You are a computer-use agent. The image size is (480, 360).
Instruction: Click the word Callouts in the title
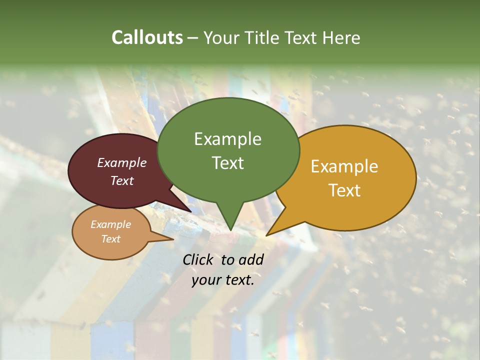pyautogui.click(x=147, y=37)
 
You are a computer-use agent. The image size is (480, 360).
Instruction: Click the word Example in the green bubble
pyautogui.click(x=227, y=138)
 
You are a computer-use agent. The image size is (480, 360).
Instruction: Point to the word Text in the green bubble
pyautogui.click(x=227, y=162)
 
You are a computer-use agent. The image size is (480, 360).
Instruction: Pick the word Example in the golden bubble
pyautogui.click(x=344, y=166)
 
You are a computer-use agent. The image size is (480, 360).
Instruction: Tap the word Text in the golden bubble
pyautogui.click(x=344, y=190)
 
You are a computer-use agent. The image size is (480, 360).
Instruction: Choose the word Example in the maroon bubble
pyautogui.click(x=122, y=162)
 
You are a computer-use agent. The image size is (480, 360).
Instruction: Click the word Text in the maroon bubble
pyautogui.click(x=122, y=180)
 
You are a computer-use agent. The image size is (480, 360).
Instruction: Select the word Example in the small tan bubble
pyautogui.click(x=110, y=224)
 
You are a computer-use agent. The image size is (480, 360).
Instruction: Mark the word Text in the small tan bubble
pyautogui.click(x=110, y=239)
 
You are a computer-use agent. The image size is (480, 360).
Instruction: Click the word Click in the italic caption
pyautogui.click(x=198, y=259)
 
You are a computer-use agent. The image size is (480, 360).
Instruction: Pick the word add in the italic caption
pyautogui.click(x=251, y=259)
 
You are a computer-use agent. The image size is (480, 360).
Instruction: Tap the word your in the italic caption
pyautogui.click(x=205, y=280)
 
